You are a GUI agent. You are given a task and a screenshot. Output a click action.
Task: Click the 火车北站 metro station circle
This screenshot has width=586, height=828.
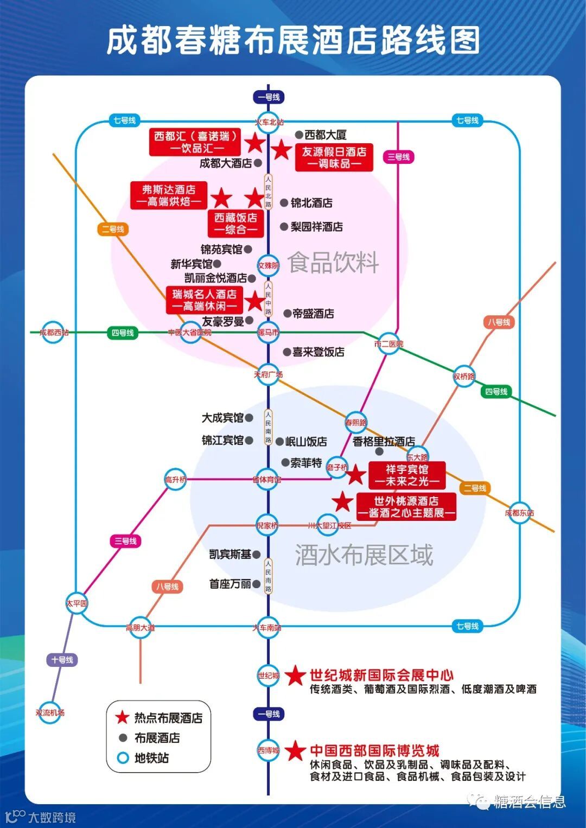(269, 122)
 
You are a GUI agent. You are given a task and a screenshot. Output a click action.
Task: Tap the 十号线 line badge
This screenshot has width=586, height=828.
(62, 660)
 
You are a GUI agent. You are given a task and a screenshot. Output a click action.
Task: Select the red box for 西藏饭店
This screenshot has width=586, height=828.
(236, 224)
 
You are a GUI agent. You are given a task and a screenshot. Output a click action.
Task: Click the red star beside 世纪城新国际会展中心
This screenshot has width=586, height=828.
(296, 676)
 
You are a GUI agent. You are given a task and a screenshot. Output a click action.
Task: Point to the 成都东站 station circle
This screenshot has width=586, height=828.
(519, 513)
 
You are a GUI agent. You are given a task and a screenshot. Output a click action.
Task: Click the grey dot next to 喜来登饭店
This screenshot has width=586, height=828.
(286, 352)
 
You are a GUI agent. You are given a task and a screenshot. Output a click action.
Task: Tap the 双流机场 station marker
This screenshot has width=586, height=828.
(50, 712)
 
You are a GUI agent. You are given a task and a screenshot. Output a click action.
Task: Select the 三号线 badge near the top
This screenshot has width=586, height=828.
(398, 157)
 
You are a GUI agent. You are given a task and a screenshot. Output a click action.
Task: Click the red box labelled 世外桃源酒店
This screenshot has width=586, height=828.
(406, 507)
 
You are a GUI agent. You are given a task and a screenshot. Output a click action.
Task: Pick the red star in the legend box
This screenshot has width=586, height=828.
(123, 717)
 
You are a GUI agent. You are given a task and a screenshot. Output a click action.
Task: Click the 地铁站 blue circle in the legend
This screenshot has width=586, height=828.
(123, 758)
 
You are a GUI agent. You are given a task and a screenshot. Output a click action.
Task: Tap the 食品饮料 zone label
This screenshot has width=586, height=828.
(333, 263)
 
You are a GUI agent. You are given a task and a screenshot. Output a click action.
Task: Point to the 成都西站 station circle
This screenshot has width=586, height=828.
(54, 332)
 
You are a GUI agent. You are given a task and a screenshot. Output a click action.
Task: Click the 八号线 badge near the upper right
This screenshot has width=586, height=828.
(499, 322)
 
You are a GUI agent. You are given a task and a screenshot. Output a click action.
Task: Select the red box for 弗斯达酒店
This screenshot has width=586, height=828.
(169, 195)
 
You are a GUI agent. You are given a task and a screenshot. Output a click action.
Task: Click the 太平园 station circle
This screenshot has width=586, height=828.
(77, 603)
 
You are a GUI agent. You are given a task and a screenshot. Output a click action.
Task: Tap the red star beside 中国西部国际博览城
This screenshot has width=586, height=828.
(296, 751)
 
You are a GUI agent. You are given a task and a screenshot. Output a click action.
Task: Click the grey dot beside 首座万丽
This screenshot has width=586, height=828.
(256, 584)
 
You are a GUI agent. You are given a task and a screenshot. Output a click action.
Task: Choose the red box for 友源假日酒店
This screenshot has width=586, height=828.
(334, 157)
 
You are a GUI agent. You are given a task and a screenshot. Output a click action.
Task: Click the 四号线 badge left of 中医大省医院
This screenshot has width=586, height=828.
(123, 333)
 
